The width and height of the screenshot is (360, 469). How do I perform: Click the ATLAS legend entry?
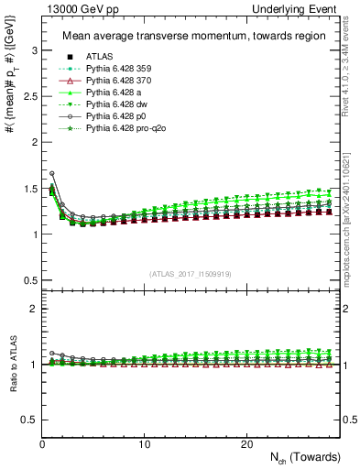coord(100,55)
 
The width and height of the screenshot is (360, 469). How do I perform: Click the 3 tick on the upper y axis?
coord(33,54)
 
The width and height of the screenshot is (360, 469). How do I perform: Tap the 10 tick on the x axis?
coord(145,444)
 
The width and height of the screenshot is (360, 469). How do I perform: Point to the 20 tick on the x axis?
coord(246,444)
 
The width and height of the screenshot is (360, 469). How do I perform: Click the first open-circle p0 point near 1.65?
coord(52,173)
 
